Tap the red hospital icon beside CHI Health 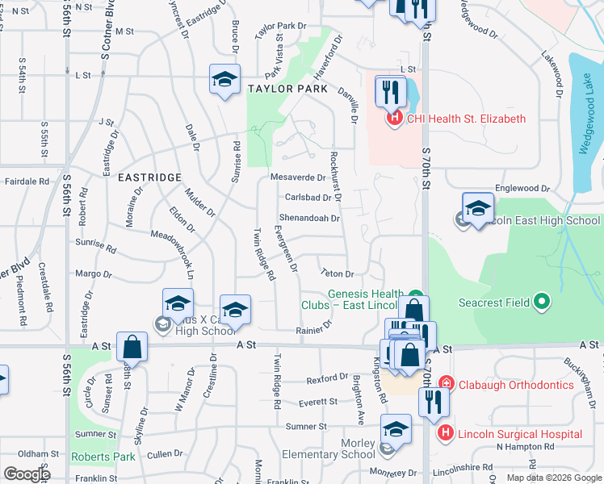pyautogui.click(x=395, y=119)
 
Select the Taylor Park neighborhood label pyautogui.click(x=287, y=89)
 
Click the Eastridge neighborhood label pyautogui.click(x=148, y=176)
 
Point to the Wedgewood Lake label pyautogui.click(x=586, y=120)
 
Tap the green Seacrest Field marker pyautogui.click(x=543, y=302)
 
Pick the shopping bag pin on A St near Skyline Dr pyautogui.click(x=132, y=348)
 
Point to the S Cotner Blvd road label pyautogui.click(x=106, y=36)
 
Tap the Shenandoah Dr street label pyautogui.click(x=309, y=218)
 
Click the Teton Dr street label pyautogui.click(x=338, y=274)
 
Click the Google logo pyautogui.click(x=27, y=474)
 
